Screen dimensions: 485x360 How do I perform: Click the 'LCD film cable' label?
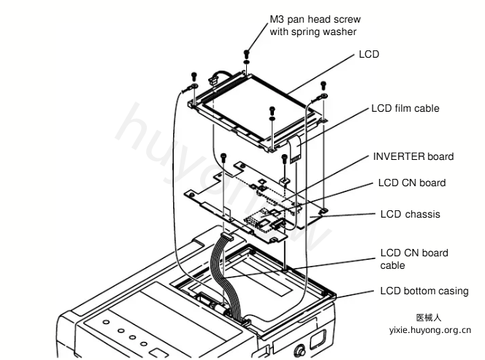pyautogui.click(x=405, y=108)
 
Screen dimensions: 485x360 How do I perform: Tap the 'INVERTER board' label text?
pyautogui.click(x=413, y=156)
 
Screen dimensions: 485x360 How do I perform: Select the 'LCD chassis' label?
pyautogui.click(x=410, y=214)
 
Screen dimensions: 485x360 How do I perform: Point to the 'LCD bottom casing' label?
pyautogui.click(x=424, y=291)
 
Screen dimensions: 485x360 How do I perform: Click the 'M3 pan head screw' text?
pyautogui.click(x=316, y=19)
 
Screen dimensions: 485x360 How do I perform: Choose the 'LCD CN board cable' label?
pyautogui.click(x=414, y=259)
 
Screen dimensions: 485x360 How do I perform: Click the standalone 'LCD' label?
pyautogui.click(x=369, y=54)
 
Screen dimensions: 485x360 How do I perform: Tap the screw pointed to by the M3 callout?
pyautogui.click(x=247, y=54)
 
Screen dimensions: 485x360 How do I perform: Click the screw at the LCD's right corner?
pyautogui.click(x=324, y=85)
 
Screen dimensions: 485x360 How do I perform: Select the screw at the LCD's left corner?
pyautogui.click(x=194, y=76)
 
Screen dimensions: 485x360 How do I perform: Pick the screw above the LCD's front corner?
pyautogui.click(x=272, y=110)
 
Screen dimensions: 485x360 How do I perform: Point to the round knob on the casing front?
pyautogui.click(x=299, y=351)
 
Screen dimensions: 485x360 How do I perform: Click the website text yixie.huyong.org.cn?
pyautogui.click(x=430, y=330)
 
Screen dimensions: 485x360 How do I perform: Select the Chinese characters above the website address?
pyautogui.click(x=429, y=318)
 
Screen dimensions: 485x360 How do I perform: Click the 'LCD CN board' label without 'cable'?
pyautogui.click(x=412, y=183)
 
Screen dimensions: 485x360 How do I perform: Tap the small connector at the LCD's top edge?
pyautogui.click(x=212, y=81)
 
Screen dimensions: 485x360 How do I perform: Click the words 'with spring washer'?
pyautogui.click(x=313, y=31)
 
